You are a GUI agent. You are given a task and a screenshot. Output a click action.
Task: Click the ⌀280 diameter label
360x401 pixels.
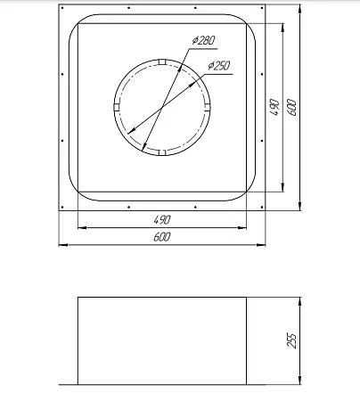click(203, 40)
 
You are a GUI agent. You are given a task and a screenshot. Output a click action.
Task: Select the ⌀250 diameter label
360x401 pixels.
click(219, 65)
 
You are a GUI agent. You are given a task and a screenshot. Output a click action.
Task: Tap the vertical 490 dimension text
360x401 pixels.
click(274, 107)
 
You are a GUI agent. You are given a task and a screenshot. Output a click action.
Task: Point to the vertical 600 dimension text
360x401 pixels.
click(292, 108)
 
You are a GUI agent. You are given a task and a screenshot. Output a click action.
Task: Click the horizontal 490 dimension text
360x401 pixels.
click(162, 220)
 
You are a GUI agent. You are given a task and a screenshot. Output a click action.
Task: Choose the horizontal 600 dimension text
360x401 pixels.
click(162, 237)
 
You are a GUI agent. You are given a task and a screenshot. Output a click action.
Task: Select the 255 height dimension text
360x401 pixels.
click(291, 340)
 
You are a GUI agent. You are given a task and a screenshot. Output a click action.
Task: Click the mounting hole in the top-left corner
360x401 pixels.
click(62, 8)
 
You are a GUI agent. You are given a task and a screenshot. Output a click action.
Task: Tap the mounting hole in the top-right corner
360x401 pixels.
click(262, 8)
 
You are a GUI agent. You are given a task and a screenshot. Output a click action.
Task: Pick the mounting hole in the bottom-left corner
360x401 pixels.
click(62, 207)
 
